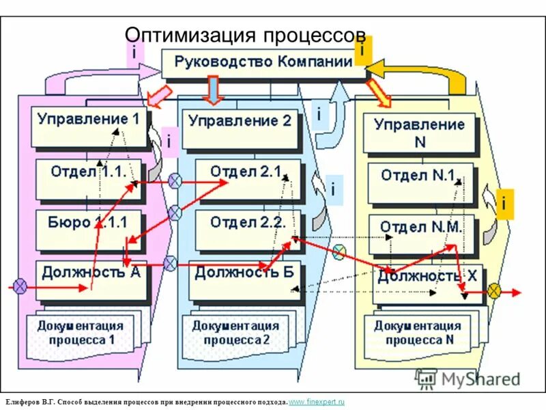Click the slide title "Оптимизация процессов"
[x=246, y=36]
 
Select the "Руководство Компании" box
[x=263, y=63]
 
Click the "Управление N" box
[x=419, y=133]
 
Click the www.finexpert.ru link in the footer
[x=317, y=402]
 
